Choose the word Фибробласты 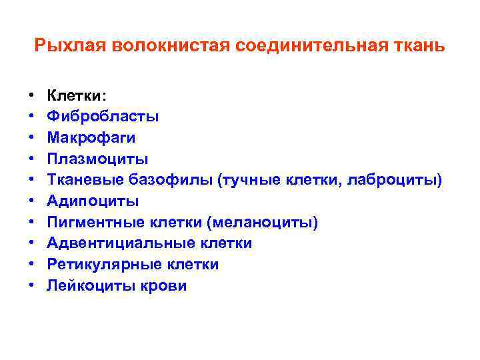pos(103,117)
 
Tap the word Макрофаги pos(91,138)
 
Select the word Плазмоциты pos(97,159)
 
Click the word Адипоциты pos(93,201)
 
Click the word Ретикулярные pos(100,265)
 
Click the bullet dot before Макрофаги pos(32,138)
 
